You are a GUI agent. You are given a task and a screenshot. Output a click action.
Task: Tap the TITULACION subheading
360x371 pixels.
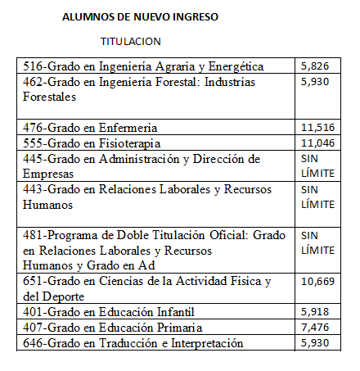tap(131, 41)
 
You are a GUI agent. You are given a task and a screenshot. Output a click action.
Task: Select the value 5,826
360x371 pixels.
tap(315, 66)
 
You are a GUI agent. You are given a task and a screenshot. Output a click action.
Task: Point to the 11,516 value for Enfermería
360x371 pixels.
tap(318, 127)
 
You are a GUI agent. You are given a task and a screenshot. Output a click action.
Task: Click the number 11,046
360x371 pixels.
tap(318, 143)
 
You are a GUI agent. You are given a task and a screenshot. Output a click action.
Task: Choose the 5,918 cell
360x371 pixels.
tap(315, 312)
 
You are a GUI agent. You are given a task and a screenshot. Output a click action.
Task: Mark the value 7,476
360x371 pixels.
tap(315, 328)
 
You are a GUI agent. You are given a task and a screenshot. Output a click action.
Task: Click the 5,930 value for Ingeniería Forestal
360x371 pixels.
tap(315, 82)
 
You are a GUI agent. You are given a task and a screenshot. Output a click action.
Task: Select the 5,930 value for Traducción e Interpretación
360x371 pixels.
tap(315, 342)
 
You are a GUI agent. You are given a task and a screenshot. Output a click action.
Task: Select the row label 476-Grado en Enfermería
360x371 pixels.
tap(101, 128)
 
